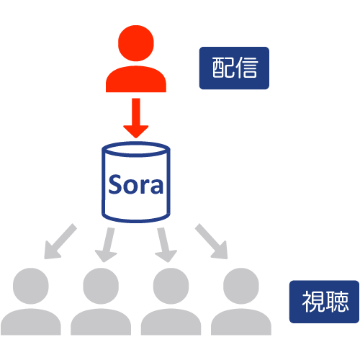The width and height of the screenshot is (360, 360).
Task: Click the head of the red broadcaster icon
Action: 136,43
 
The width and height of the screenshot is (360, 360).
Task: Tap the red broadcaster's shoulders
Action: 136,79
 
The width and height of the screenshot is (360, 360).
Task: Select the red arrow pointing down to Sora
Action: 136,118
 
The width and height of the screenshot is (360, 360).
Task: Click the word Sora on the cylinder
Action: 136,184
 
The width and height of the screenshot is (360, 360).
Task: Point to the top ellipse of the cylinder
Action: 136,149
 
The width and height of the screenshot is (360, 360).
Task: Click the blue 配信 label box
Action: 234,68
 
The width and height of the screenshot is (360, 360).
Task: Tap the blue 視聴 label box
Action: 324,302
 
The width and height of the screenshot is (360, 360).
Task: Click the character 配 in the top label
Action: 223,68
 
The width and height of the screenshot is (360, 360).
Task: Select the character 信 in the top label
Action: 246,68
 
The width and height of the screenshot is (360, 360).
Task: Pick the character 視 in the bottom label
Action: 313,302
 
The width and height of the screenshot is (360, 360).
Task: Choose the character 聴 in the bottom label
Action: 336,302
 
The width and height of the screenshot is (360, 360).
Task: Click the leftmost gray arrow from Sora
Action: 60,241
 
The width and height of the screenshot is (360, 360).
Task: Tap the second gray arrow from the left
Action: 106,245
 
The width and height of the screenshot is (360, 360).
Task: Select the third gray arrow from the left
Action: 166,245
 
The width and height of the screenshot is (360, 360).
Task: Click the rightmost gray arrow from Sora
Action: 212,241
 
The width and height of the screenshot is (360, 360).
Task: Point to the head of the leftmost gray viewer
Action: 31,286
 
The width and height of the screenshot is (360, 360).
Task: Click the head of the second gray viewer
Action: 101,286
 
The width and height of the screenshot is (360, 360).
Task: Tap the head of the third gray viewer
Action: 171,286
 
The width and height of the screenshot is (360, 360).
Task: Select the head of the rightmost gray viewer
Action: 241,286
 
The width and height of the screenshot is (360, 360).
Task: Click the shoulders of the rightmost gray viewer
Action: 241,322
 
